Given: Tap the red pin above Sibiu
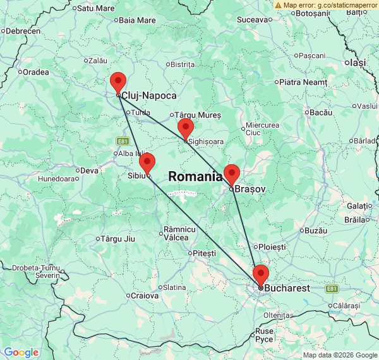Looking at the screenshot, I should (147, 162).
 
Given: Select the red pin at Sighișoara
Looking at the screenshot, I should (185, 128).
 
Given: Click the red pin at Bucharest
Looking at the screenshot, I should (260, 275).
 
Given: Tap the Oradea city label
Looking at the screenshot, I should (35, 71).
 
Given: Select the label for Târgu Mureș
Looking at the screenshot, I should (199, 115).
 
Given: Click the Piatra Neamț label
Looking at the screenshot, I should (303, 81).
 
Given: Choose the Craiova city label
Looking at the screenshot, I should (145, 295).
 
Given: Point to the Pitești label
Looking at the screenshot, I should (205, 253).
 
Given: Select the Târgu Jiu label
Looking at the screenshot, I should (118, 238).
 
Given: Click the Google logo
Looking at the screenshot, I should (21, 352).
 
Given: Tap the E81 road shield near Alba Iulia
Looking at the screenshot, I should (123, 140).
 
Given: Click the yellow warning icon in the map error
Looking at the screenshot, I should (279, 5).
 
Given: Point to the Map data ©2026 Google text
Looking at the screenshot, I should (339, 355).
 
